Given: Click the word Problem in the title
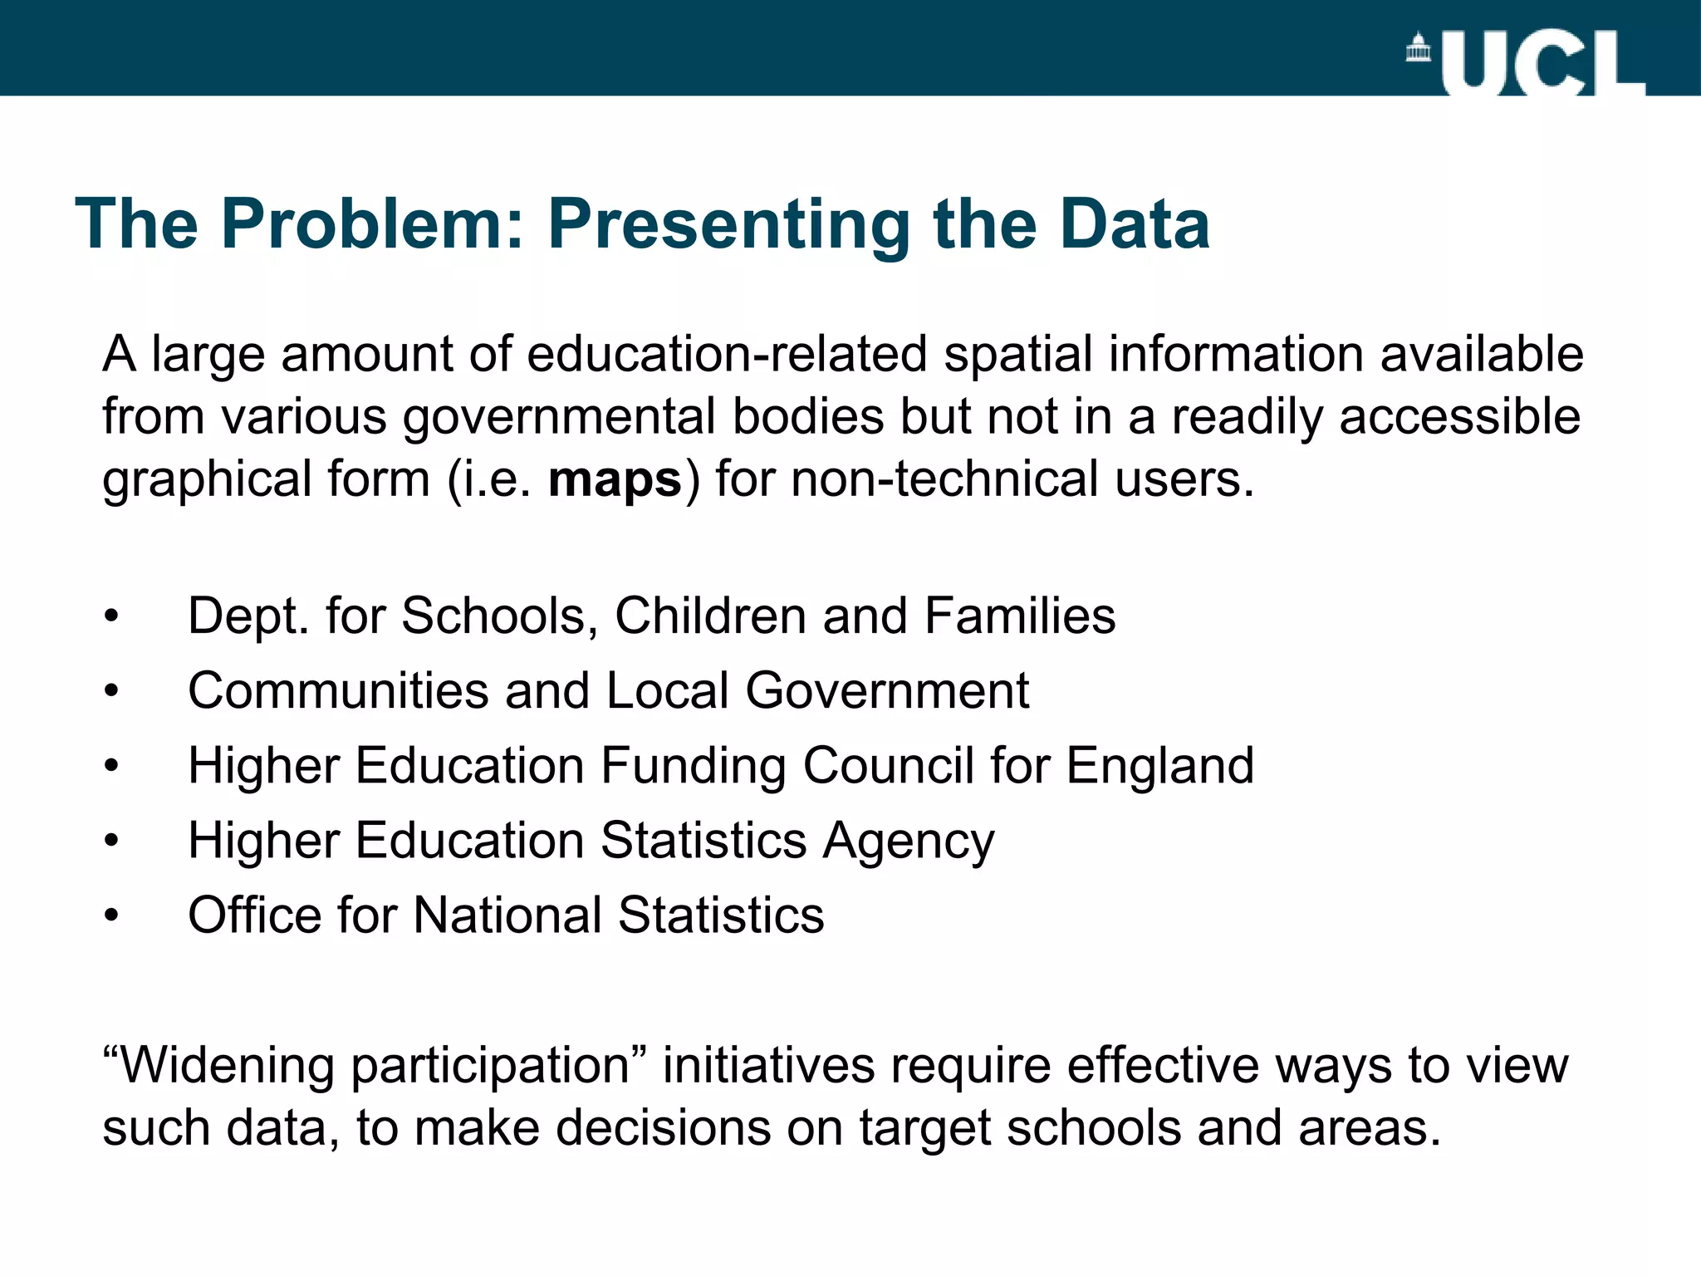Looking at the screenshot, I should pos(372,223).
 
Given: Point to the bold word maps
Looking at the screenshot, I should pos(615,480).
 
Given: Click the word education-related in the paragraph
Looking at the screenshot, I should pos(726,354).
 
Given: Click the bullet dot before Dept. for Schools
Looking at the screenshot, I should pos(112,617).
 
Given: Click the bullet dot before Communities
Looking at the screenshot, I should pos(112,691).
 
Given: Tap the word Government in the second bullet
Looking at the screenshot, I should pos(887,691).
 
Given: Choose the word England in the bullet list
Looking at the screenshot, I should pos(1159,766).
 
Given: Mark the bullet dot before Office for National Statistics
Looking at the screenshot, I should pos(112,916).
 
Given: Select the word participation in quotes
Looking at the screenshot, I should pos(491,1067).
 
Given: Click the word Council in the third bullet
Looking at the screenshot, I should pos(888,766).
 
